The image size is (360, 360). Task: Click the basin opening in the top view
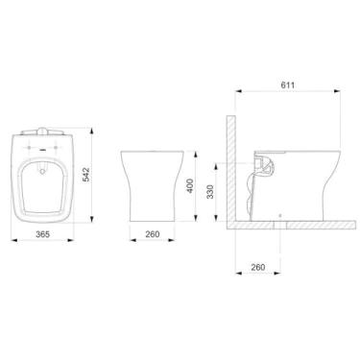(x=37, y=182)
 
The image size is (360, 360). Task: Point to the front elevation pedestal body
(x=151, y=187)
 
